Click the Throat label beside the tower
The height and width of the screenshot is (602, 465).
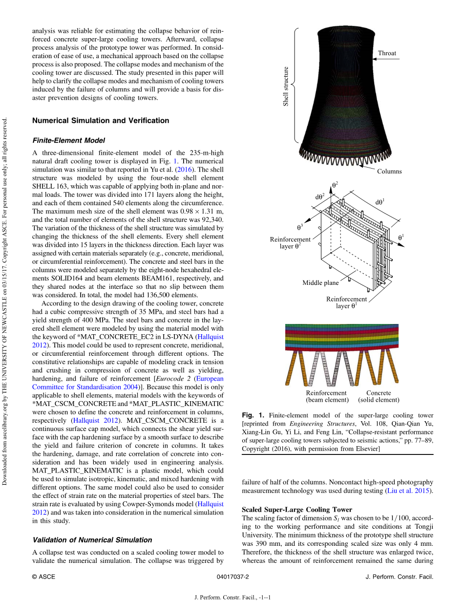(387, 53)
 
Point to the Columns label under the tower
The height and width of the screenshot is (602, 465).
(389, 171)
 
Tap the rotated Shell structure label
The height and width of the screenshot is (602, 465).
(286, 86)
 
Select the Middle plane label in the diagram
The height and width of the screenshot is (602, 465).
(320, 282)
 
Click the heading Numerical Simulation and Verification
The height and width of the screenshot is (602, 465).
(101, 121)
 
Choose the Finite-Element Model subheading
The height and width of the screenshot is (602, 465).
(68, 140)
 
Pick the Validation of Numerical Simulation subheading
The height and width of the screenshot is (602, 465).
(92, 539)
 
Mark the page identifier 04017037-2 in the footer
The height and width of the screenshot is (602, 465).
(232, 577)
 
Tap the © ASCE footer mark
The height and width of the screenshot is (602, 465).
(43, 577)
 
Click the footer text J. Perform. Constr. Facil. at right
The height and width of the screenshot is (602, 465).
(399, 577)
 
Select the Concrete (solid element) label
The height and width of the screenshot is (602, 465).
(379, 396)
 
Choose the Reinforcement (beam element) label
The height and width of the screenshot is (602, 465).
(326, 396)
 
